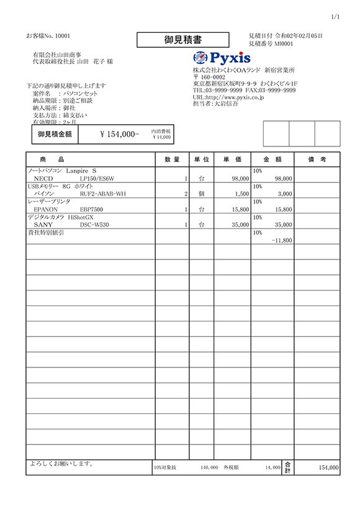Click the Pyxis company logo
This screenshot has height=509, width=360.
click(222, 58)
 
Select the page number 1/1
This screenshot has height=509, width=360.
click(336, 16)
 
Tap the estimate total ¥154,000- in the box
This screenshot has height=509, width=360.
click(119, 134)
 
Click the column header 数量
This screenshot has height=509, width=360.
click(172, 160)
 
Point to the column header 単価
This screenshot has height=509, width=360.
click(233, 160)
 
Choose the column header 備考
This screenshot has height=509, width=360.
click(317, 160)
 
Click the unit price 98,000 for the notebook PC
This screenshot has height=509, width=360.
click(240, 178)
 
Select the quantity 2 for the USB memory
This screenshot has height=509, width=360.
click(186, 194)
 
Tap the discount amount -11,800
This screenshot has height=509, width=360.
click(282, 240)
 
